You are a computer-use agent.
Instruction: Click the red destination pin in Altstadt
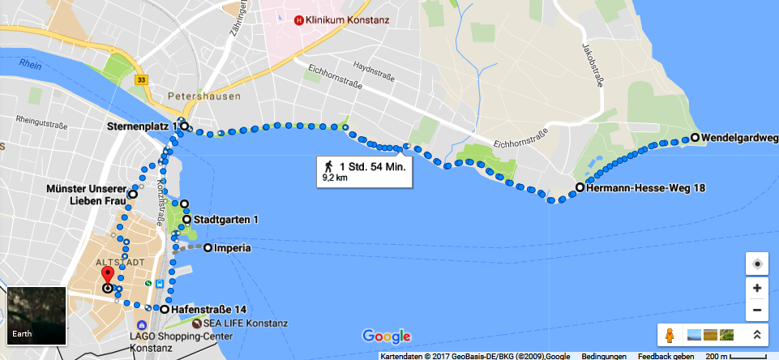click(x=107, y=280)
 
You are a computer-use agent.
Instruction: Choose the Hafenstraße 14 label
click(x=206, y=310)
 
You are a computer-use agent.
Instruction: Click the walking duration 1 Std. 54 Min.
click(x=376, y=166)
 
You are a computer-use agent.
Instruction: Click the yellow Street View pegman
click(x=670, y=334)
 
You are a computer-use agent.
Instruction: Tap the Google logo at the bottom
click(x=387, y=336)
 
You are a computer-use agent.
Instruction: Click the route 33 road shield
click(x=142, y=79)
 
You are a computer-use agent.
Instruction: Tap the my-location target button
click(x=756, y=264)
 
